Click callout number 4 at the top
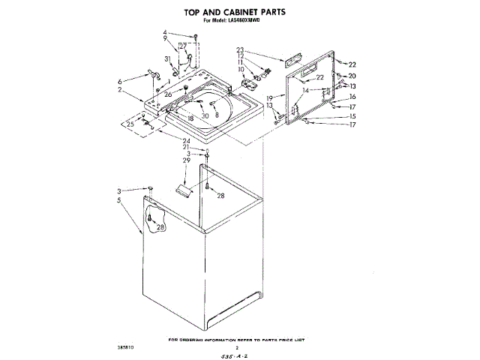[x=164, y=33]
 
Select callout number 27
[x=182, y=46]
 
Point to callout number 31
[x=166, y=58]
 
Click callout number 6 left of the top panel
[x=119, y=81]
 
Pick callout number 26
[x=169, y=94]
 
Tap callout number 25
[x=130, y=124]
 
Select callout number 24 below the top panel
[x=186, y=139]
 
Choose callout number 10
[x=241, y=70]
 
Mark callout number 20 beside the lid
[x=352, y=76]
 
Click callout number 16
[x=352, y=97]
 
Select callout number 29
[x=187, y=161]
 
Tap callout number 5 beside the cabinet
[x=119, y=200]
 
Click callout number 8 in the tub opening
[x=217, y=115]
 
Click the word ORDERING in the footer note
[x=196, y=339]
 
